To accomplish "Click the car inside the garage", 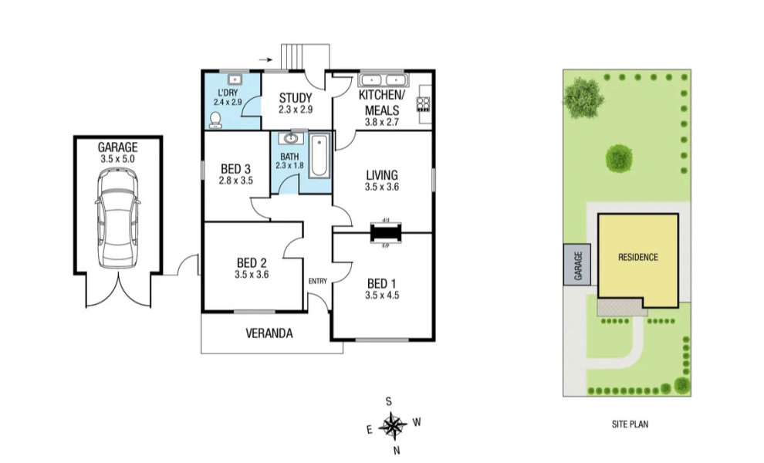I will point(118,218).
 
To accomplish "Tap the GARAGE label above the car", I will point(117,147).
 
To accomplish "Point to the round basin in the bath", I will point(290,139).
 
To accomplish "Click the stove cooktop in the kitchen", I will point(423,103).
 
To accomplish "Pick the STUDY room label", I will point(296,98).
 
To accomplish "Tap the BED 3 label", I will point(235,169).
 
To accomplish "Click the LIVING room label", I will point(382,174).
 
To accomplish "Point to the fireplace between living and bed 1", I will point(385,231).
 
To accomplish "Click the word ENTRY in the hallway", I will point(317,281).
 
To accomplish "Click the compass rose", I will point(393,424).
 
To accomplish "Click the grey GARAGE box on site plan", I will point(576,265).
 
